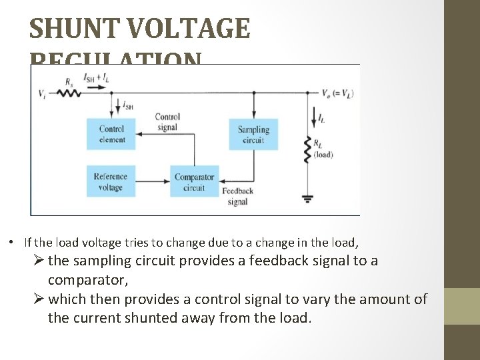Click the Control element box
pos(111,134)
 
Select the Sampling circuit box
pos(253,134)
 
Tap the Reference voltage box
pos(111,181)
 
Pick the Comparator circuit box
pos(194,181)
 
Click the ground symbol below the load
pos(307,197)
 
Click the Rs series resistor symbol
pos(69,92)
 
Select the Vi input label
pos(43,92)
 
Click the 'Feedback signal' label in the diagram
pos(237,197)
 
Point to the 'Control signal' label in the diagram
pos(167,122)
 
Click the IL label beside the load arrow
pos(322,119)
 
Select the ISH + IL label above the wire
pos(97,78)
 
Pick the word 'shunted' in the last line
pos(215,317)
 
